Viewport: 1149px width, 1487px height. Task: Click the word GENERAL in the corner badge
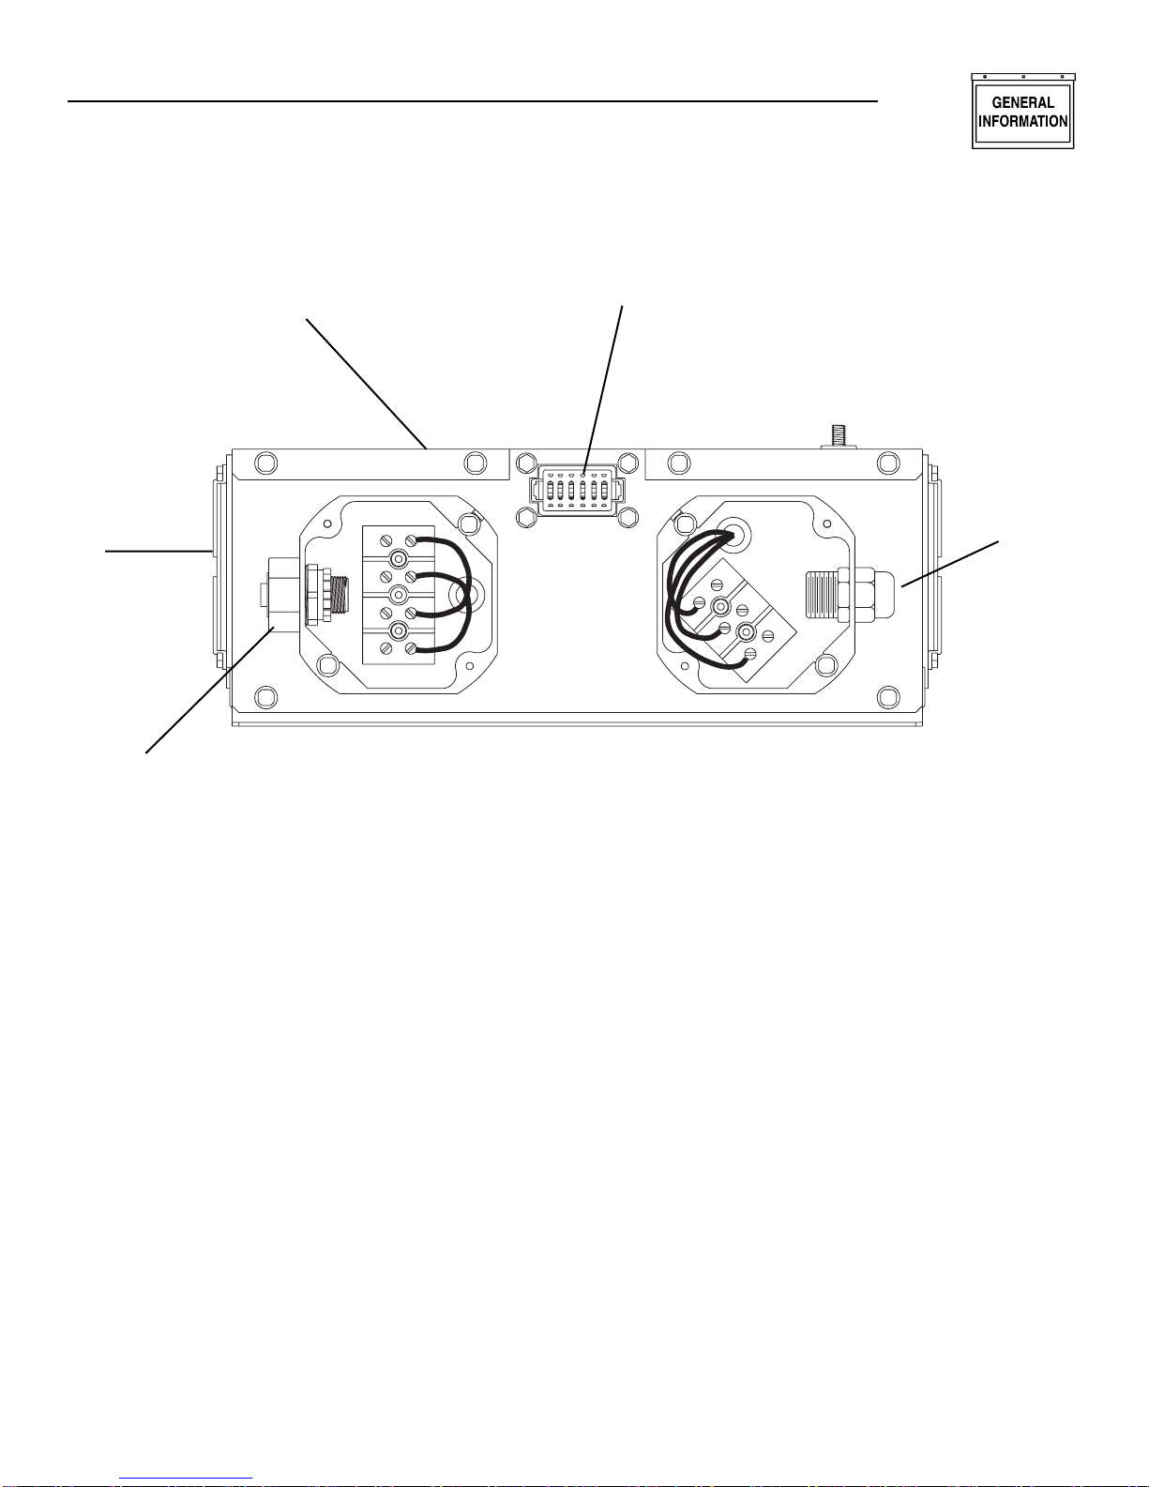coord(1022,102)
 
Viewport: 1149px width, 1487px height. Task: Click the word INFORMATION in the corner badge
coord(1022,121)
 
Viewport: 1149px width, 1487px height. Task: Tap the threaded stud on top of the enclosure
coord(839,436)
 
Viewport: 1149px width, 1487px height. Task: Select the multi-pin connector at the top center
coord(577,490)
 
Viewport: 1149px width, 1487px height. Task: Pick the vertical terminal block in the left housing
coord(398,594)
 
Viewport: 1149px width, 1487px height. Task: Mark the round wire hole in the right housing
coord(734,534)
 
